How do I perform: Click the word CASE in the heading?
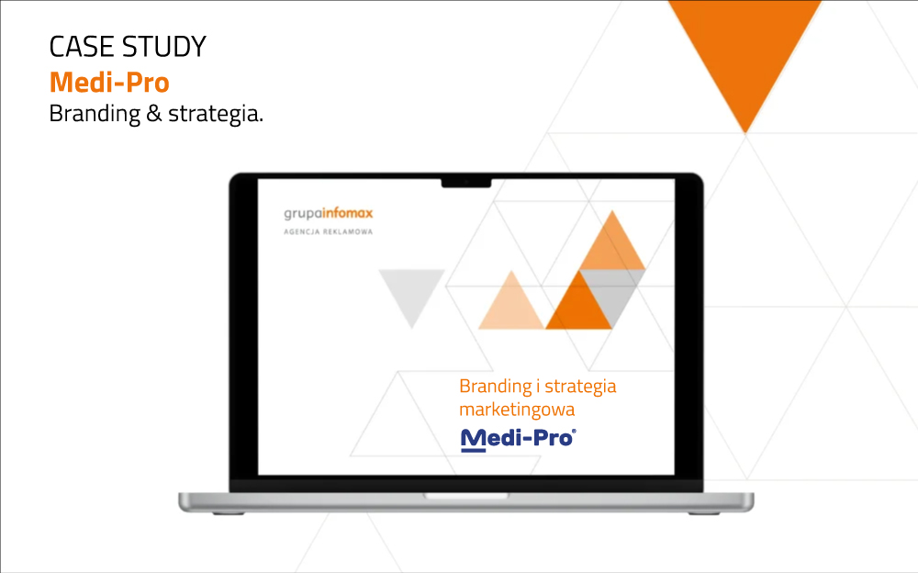(x=82, y=47)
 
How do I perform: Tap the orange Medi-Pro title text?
(x=109, y=82)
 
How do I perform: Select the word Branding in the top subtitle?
(x=95, y=114)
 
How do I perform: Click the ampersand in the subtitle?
(x=154, y=113)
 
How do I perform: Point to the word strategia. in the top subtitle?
(x=216, y=114)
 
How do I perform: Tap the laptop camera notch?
(x=466, y=184)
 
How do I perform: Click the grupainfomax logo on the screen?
(x=329, y=213)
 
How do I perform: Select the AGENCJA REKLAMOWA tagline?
(x=329, y=232)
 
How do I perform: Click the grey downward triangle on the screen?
(x=411, y=294)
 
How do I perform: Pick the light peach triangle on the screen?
(x=511, y=305)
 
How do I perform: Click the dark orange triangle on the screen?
(x=578, y=306)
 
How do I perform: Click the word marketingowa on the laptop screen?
(x=517, y=410)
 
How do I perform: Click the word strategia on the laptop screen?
(x=580, y=387)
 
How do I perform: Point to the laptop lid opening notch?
(x=466, y=496)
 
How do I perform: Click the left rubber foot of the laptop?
(x=229, y=513)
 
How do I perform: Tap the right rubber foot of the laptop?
(x=704, y=513)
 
